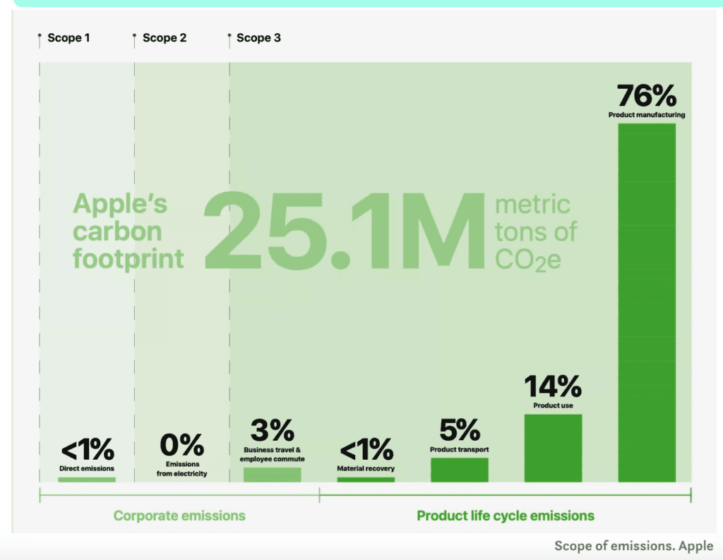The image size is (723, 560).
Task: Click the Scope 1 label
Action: pyautogui.click(x=68, y=37)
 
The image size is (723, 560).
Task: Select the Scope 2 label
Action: pyautogui.click(x=165, y=37)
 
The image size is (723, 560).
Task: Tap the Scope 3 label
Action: pyautogui.click(x=258, y=37)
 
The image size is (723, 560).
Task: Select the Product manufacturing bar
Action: pyautogui.click(x=647, y=303)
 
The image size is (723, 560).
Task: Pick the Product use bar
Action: pyautogui.click(x=553, y=448)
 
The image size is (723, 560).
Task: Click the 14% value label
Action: pyautogui.click(x=553, y=386)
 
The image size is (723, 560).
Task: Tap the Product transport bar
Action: pyautogui.click(x=459, y=470)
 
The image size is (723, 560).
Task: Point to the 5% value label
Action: pyautogui.click(x=459, y=430)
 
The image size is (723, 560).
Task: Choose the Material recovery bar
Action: pyautogui.click(x=366, y=480)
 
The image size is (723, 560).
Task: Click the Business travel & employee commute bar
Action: pyautogui.click(x=272, y=475)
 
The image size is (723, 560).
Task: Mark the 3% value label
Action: pyautogui.click(x=272, y=430)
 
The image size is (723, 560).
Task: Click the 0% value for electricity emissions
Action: pyautogui.click(x=181, y=445)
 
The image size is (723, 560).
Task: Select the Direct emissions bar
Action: pyautogui.click(x=87, y=480)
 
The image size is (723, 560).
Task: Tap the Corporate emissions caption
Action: pyautogui.click(x=179, y=516)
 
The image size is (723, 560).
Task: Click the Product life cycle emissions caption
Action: pyautogui.click(x=506, y=516)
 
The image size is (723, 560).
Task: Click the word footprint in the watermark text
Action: pyautogui.click(x=129, y=258)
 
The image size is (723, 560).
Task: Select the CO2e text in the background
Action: pyautogui.click(x=528, y=260)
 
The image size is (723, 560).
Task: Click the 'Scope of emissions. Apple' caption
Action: pyautogui.click(x=633, y=546)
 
